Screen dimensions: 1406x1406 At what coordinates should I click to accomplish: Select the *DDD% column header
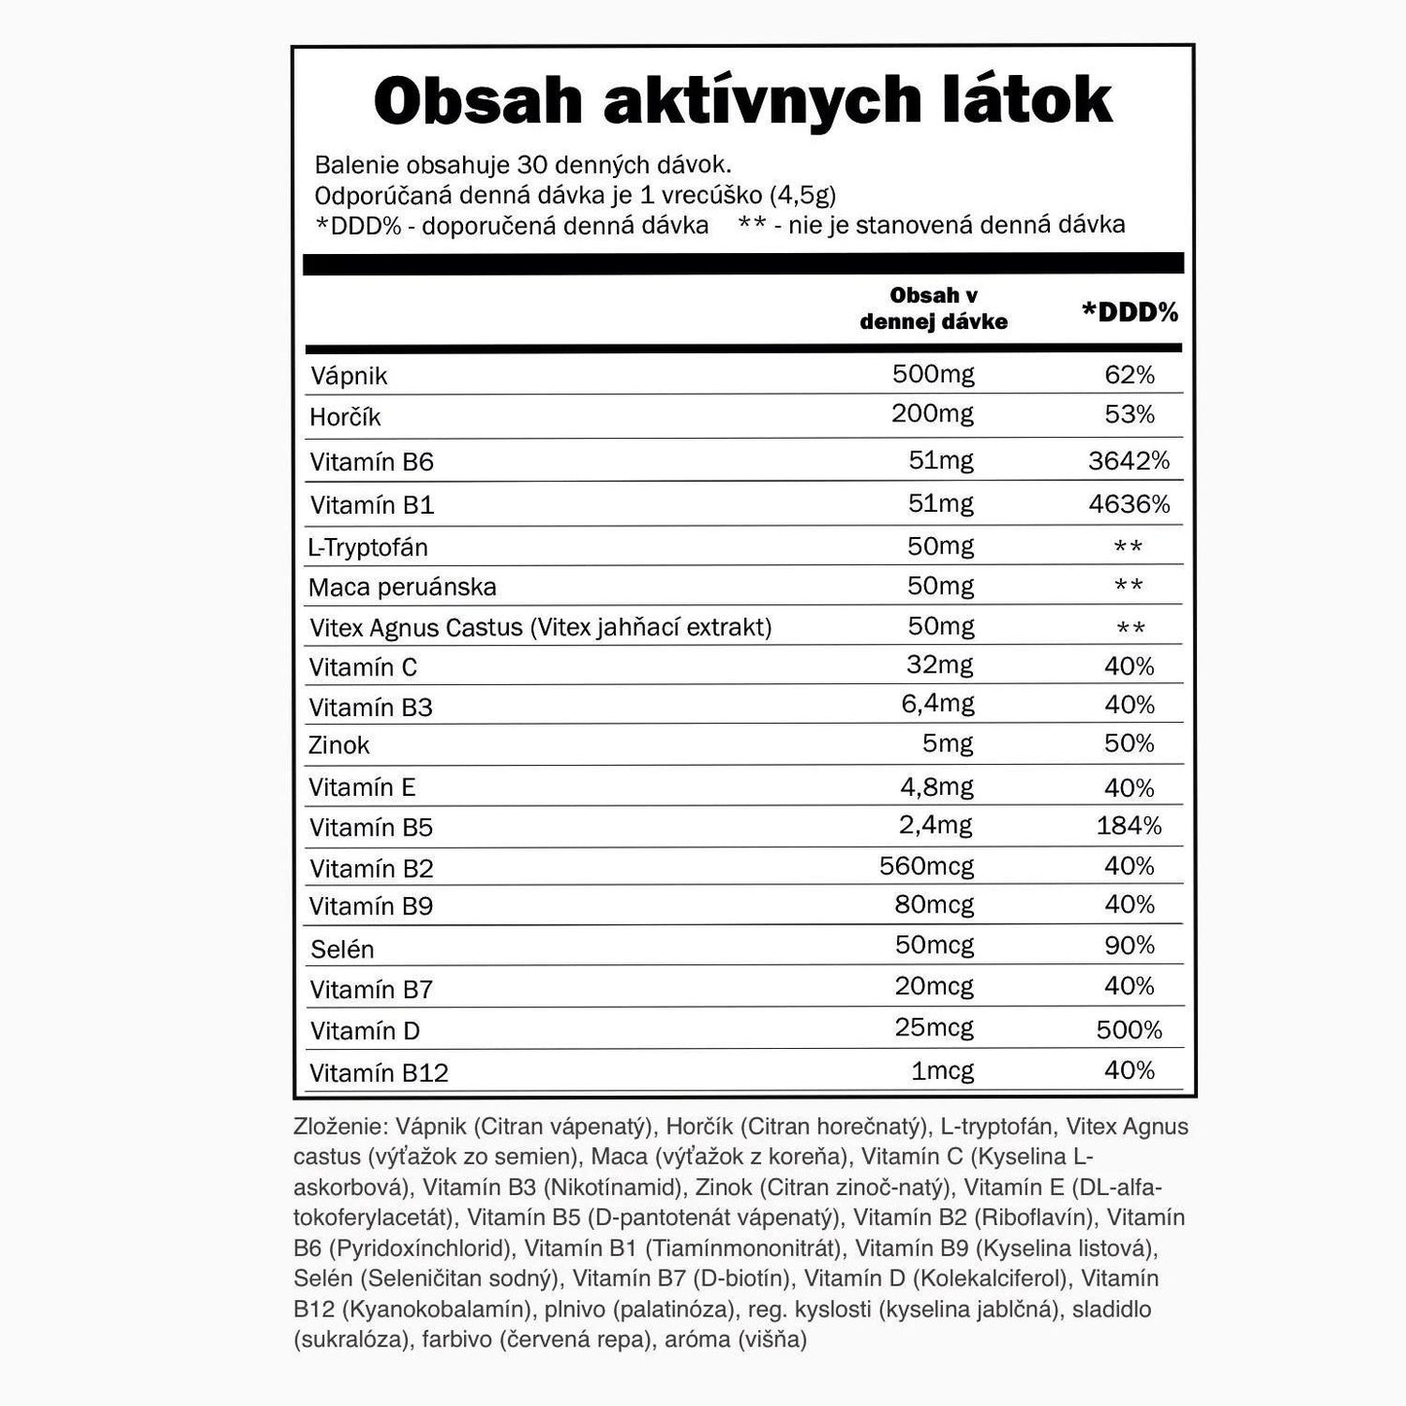[1130, 312]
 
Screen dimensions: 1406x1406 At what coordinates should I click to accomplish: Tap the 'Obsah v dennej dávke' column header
[933, 308]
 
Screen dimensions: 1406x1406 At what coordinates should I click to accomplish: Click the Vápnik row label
[348, 377]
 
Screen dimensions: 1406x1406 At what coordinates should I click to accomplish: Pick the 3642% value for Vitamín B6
[1129, 460]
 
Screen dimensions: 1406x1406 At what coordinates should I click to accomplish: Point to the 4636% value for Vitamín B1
[1129, 504]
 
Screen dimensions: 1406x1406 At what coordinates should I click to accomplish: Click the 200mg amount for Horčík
[932, 414]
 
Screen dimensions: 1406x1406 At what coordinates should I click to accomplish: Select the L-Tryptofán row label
[368, 547]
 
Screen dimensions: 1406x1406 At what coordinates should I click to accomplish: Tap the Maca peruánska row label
[402, 587]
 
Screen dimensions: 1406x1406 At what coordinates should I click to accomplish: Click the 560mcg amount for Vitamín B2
[926, 865]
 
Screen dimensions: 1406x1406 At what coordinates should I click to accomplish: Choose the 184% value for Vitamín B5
[1129, 826]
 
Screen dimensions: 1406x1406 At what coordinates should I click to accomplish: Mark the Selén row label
[342, 949]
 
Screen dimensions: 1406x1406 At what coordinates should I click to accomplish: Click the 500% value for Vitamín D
[1129, 1029]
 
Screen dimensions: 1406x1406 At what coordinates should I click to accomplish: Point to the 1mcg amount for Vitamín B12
[942, 1070]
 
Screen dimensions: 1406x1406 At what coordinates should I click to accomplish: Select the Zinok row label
[339, 745]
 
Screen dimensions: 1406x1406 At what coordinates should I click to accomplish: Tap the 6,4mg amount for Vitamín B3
[937, 703]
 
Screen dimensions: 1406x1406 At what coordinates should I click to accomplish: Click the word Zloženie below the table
[341, 1127]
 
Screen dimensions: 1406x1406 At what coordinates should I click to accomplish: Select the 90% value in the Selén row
[1129, 945]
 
